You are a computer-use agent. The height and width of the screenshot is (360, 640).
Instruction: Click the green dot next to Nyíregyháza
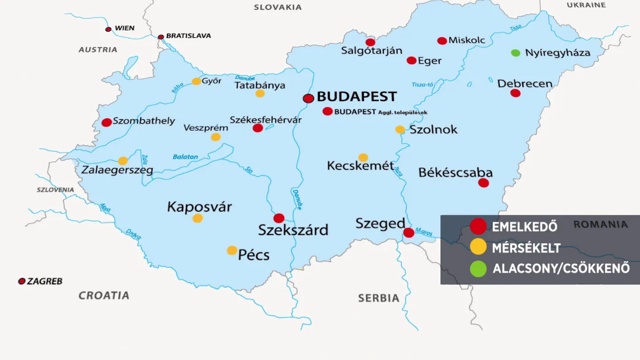point(516,53)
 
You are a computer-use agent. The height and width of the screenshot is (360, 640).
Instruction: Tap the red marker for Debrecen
point(516,93)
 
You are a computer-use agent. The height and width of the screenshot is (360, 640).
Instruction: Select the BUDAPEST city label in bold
point(356,96)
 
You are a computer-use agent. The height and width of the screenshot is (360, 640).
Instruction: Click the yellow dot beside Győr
point(196,81)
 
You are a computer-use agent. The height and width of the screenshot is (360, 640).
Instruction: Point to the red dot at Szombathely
point(107,123)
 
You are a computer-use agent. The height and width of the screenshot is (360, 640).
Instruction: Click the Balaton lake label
point(185,157)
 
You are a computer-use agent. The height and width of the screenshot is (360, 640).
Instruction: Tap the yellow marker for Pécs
point(232,250)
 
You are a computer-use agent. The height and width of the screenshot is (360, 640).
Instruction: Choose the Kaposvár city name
point(200,207)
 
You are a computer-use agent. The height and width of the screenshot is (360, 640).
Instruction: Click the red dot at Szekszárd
point(279,218)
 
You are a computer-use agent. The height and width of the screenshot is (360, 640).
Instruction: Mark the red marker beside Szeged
point(409,233)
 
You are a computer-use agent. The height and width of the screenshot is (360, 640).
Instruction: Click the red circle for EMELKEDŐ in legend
point(478,227)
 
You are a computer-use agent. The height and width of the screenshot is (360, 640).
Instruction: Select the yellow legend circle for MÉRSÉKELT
point(478,247)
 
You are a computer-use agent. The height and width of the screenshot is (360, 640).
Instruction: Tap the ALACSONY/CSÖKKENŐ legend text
point(561,268)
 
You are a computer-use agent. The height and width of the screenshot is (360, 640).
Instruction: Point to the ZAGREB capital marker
point(21,282)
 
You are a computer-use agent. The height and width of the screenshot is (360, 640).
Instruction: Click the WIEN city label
point(124,28)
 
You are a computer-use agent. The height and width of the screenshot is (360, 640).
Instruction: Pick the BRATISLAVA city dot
point(161,37)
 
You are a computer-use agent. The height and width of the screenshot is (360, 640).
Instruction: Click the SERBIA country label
point(379,298)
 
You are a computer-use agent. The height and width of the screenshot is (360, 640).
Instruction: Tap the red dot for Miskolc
point(442,41)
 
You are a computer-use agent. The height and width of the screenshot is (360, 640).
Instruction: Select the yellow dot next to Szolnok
point(400,130)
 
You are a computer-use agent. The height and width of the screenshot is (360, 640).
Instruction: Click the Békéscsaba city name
point(455,172)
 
